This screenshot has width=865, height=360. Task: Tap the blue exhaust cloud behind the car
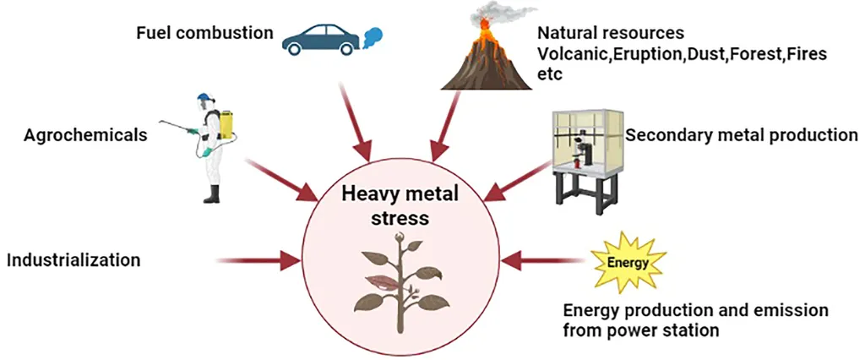(x=372, y=36)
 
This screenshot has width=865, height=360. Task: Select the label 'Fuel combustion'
(x=205, y=34)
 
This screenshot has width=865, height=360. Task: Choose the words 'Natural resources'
(x=611, y=34)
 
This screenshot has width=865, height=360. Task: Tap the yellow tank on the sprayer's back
(x=226, y=124)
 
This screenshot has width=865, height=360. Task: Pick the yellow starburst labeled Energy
(x=628, y=263)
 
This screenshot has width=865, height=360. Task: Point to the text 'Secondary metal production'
(x=742, y=134)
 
